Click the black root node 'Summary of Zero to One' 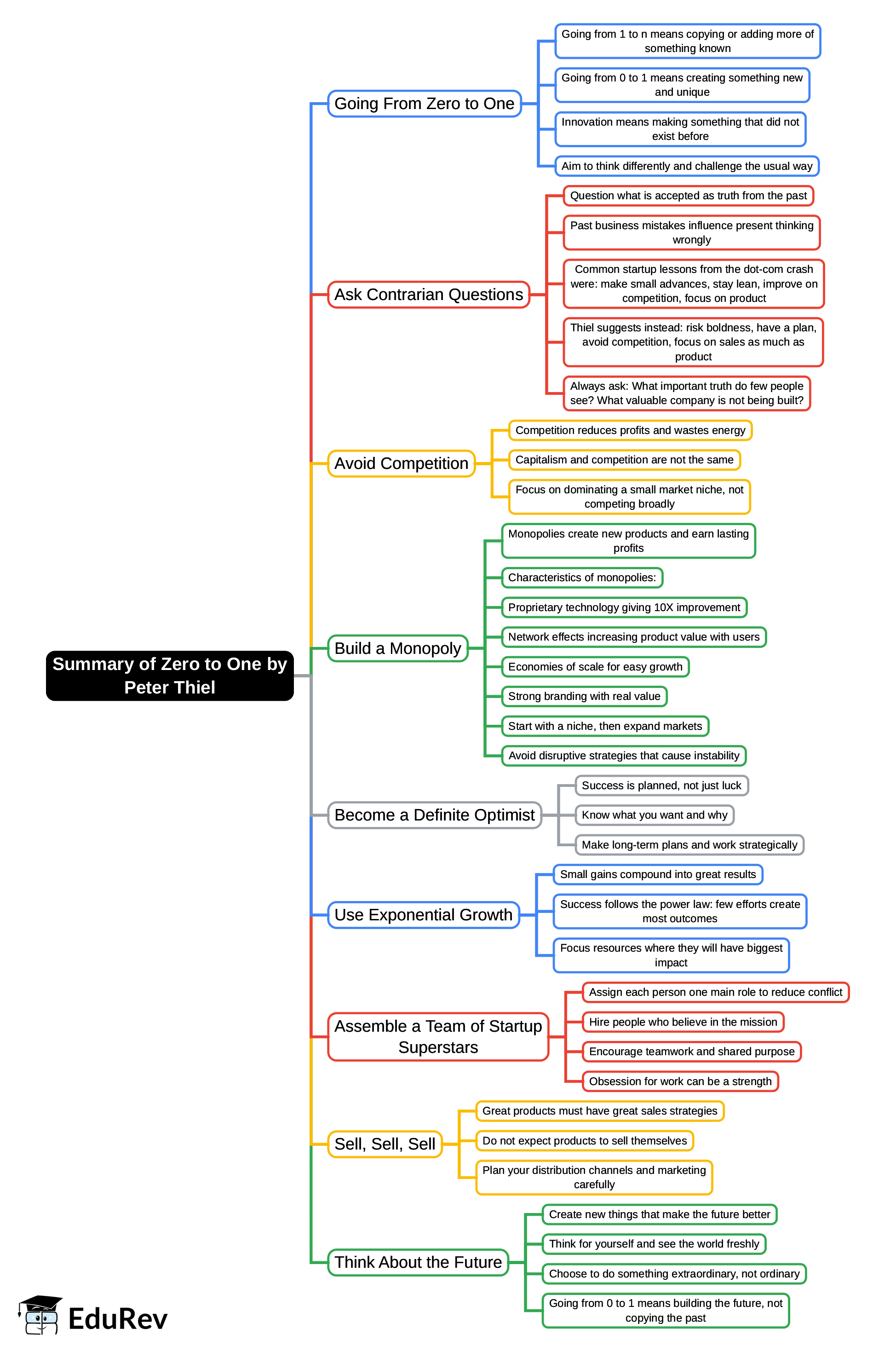click(170, 675)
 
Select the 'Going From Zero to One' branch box click(424, 104)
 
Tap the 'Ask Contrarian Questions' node click(429, 295)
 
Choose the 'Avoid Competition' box click(401, 463)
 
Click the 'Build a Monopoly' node click(398, 648)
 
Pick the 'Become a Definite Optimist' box click(434, 815)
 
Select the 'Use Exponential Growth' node click(424, 915)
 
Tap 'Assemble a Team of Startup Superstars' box click(438, 1036)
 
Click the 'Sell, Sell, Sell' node click(385, 1144)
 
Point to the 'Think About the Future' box click(418, 1262)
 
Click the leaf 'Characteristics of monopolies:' click(582, 578)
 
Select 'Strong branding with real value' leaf click(584, 696)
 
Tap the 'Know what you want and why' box click(654, 815)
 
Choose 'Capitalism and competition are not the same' click(624, 460)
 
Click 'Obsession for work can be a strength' click(680, 1081)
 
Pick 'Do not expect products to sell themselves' click(585, 1140)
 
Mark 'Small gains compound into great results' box click(658, 874)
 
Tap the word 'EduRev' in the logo click(118, 1319)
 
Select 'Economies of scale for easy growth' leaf click(595, 667)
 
